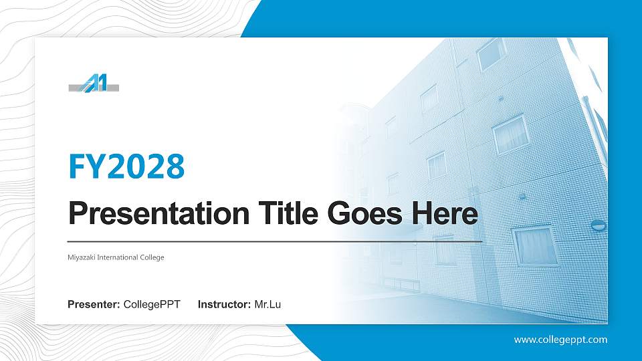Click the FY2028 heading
point(126,166)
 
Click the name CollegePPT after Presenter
point(152,305)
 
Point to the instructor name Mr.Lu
point(267,305)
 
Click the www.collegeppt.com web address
point(560,340)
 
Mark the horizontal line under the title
point(275,241)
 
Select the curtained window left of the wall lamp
point(534,245)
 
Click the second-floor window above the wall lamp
point(510,133)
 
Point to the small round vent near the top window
point(500,98)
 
